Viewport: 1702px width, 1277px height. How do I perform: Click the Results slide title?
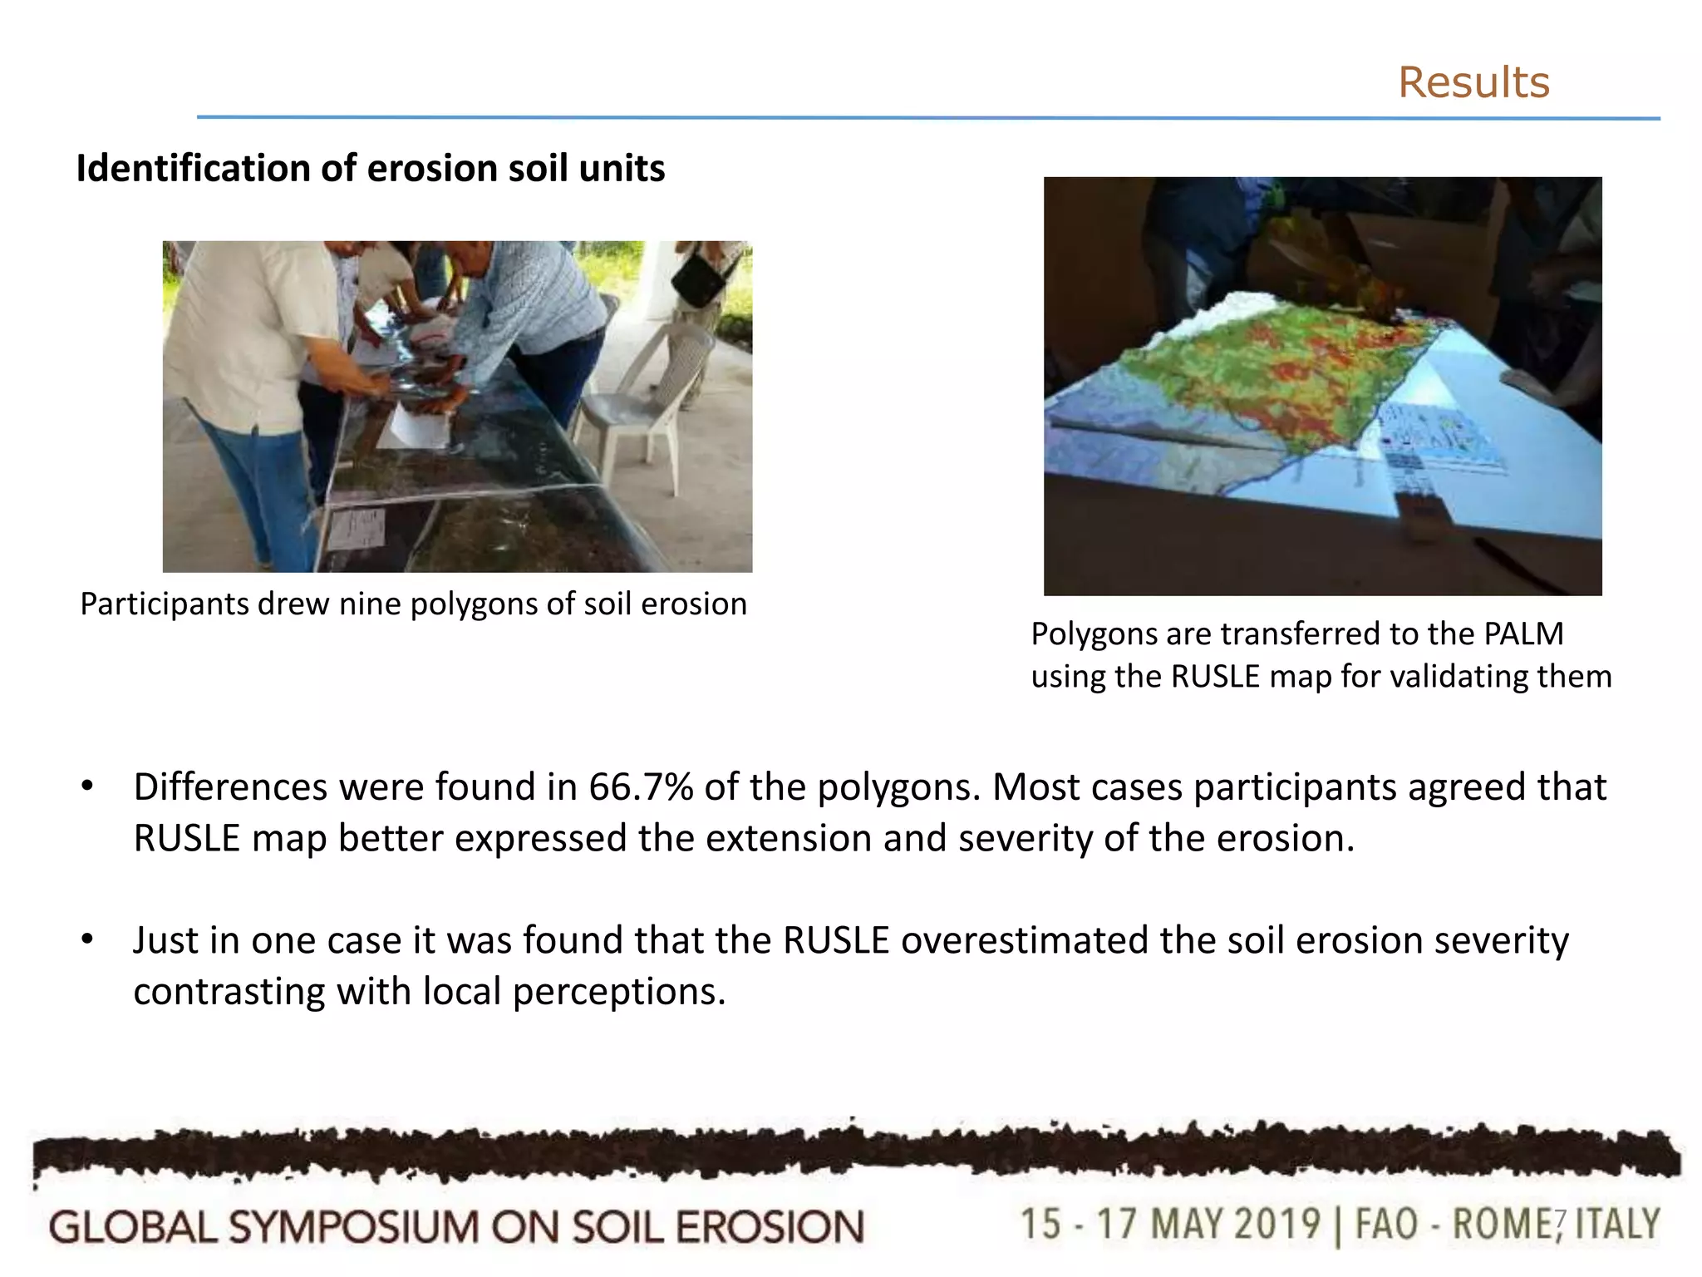point(1473,82)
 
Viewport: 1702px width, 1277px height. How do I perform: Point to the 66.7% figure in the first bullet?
point(641,787)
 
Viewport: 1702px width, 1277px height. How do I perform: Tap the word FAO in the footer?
point(1386,1225)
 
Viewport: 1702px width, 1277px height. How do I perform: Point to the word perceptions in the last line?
point(619,992)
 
